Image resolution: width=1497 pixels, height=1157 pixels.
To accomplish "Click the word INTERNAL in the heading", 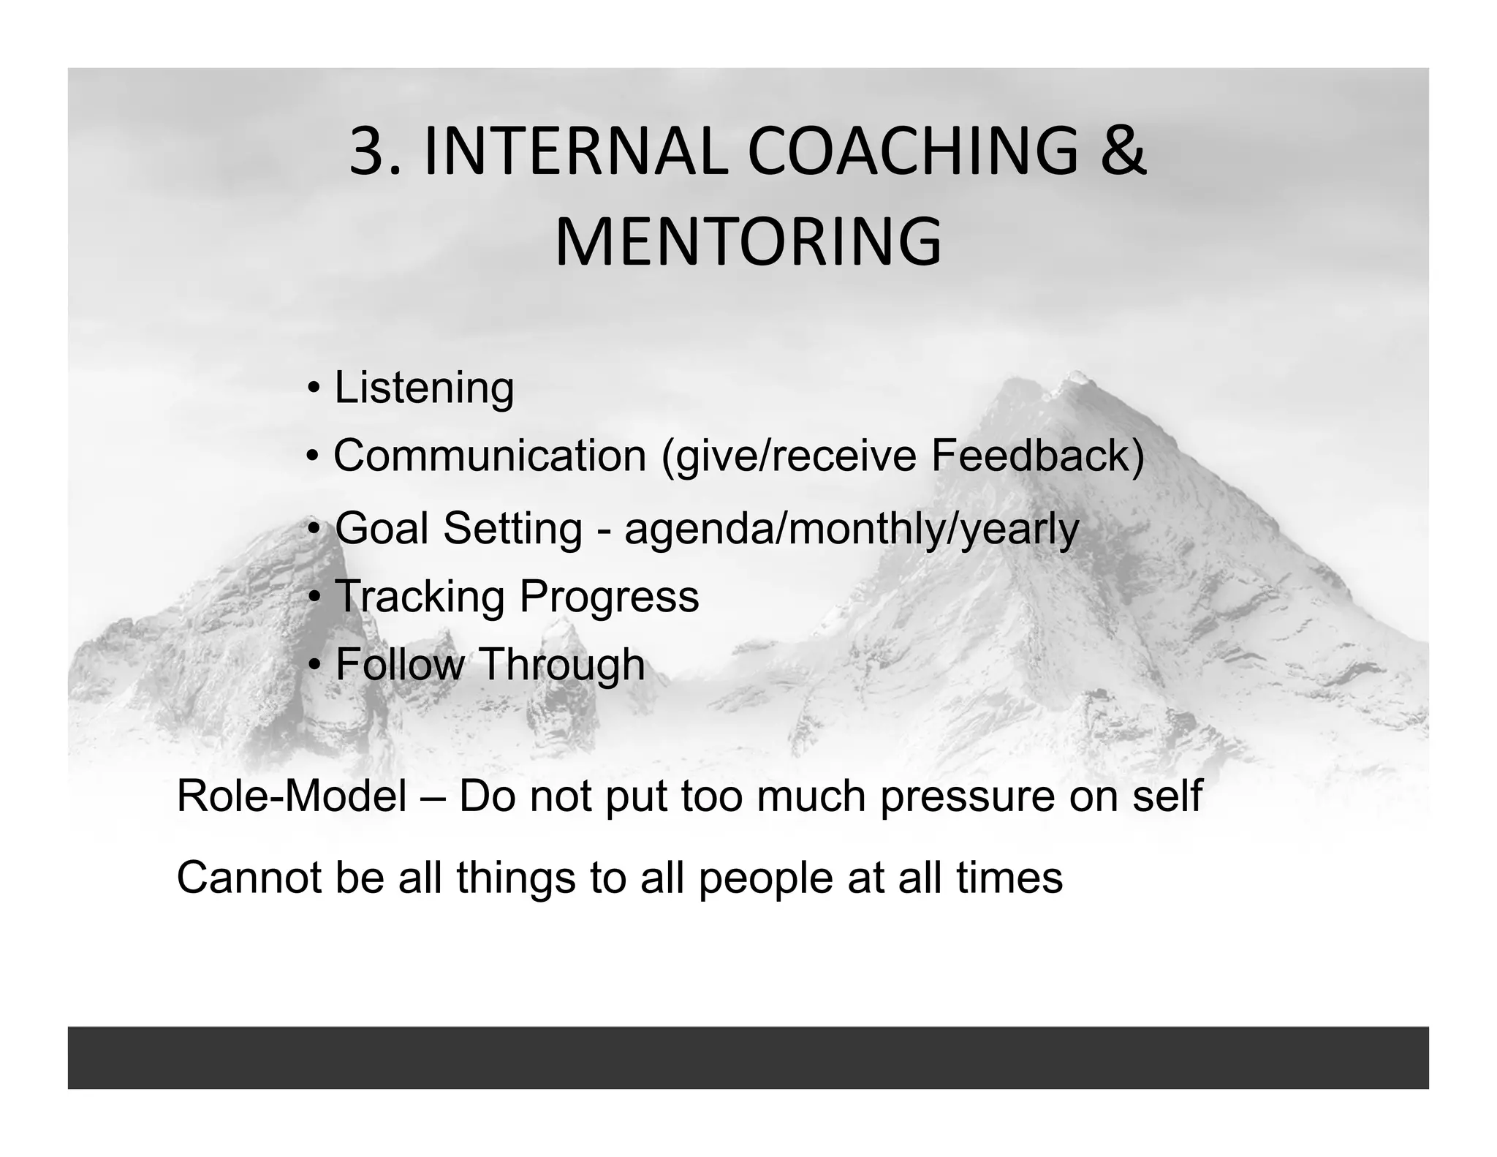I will pyautogui.click(x=575, y=152).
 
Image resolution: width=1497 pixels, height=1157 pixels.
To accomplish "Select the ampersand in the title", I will pyautogui.click(x=1122, y=152).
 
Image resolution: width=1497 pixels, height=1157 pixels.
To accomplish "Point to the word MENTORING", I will pyautogui.click(x=748, y=242).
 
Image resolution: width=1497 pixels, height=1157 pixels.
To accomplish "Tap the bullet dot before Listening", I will pyautogui.click(x=313, y=388).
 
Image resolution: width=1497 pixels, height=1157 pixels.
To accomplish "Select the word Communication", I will pyautogui.click(x=490, y=455).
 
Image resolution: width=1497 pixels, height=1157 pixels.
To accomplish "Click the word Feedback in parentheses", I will pyautogui.click(x=1031, y=455).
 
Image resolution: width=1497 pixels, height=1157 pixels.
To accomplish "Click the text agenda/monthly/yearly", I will pyautogui.click(x=852, y=529).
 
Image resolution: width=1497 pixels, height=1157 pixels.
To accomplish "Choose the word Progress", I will pyautogui.click(x=609, y=596).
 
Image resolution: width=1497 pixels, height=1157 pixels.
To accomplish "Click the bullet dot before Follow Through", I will pyautogui.click(x=314, y=665).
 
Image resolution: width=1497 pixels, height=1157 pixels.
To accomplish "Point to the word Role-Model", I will pyautogui.click(x=292, y=796).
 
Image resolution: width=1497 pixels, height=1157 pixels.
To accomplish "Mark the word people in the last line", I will pyautogui.click(x=765, y=878).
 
